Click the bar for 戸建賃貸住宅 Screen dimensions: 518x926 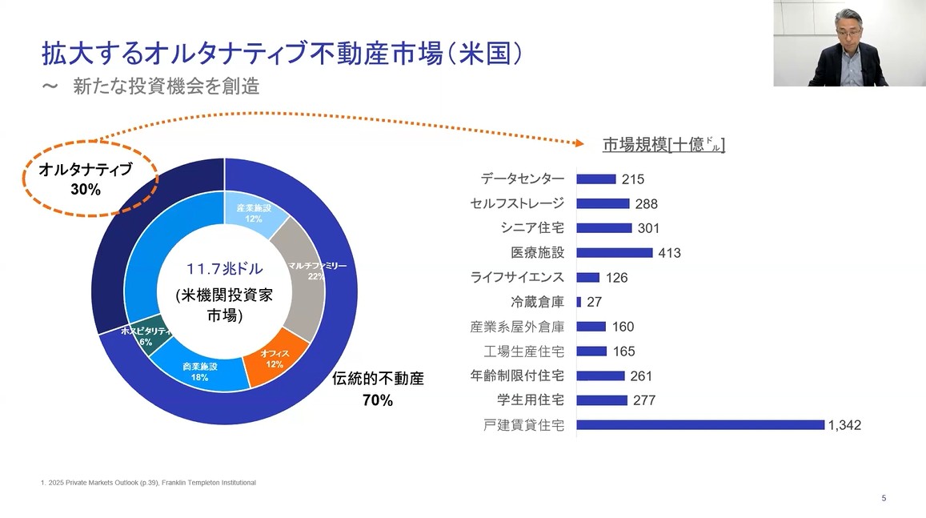700,425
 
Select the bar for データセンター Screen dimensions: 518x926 596,179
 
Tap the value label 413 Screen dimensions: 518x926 669,253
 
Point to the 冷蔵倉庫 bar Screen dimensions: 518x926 579,302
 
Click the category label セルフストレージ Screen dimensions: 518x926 517,204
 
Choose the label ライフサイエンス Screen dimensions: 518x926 517,278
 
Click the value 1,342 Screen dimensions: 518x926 845,425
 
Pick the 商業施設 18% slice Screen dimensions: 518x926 196,371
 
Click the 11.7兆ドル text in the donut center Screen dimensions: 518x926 225,269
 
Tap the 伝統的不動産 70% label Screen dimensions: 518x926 378,389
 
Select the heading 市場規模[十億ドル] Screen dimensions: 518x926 663,145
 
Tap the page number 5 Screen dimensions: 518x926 884,498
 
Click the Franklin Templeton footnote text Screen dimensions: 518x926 148,483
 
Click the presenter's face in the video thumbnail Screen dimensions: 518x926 845,27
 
